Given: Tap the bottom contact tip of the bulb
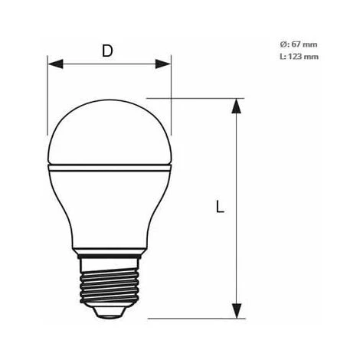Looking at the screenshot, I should (x=109, y=313).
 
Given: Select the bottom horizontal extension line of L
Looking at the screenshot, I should (x=191, y=317).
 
